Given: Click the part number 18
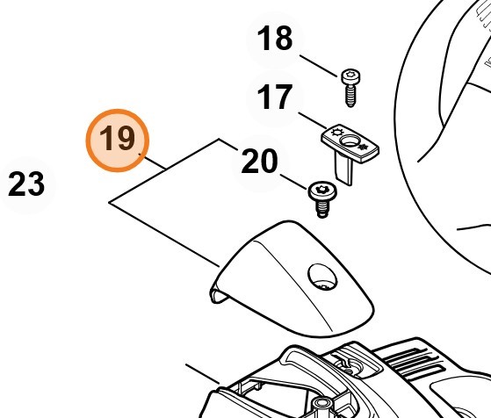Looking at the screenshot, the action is coord(275,39).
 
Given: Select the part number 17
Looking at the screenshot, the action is coord(275,97).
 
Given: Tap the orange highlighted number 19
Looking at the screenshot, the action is coord(118,139).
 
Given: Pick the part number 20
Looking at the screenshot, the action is coord(260,161).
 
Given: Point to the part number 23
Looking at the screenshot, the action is coord(26,184).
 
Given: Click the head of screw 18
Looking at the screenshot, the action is coord(350,76).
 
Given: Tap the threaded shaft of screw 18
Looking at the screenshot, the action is coord(351,96).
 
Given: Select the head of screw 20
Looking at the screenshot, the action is coord(322,191).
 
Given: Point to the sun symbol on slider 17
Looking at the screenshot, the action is coord(336,132).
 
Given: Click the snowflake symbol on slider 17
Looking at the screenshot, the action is coord(364,147).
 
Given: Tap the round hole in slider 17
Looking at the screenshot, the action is coord(349,141).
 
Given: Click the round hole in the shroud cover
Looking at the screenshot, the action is coord(322,277).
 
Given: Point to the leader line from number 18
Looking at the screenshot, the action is coord(319,66).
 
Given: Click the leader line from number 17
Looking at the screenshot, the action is coord(312,120).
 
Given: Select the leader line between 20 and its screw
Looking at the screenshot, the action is coord(293,182).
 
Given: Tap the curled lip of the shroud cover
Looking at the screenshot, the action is coord(217,293).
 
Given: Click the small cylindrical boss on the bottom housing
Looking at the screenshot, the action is coord(321,405).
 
